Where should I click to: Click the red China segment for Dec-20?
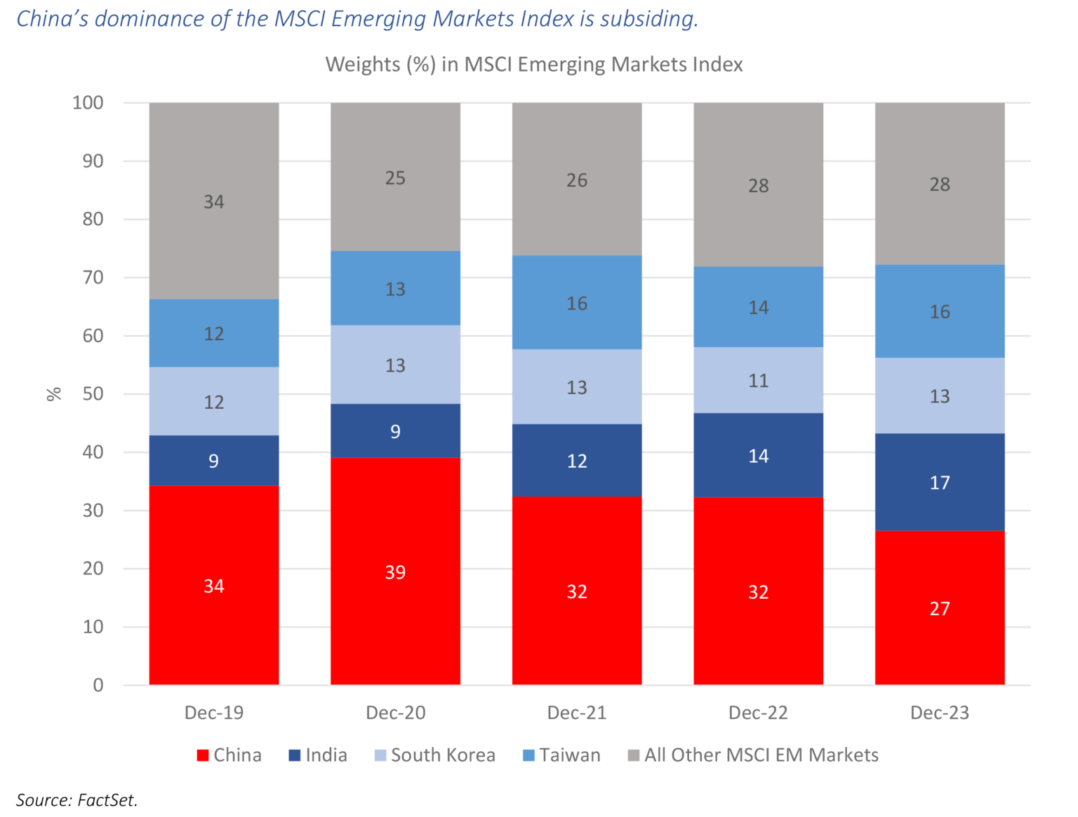pos(395,571)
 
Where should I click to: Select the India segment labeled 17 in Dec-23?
pos(939,482)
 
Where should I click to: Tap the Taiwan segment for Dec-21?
pos(576,302)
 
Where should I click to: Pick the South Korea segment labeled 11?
pos(758,380)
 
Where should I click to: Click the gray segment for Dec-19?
pos(213,201)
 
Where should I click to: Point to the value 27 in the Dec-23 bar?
pos(939,608)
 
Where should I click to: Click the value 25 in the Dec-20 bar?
pos(395,178)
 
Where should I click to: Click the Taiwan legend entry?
pos(561,755)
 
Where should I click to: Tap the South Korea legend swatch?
pos(380,756)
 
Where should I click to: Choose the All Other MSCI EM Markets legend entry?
pos(753,755)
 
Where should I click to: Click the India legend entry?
pos(318,755)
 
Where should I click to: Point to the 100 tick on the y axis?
pos(88,103)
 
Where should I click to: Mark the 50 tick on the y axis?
pos(93,394)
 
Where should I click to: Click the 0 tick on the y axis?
pos(98,685)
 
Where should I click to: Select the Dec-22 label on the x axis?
pos(758,713)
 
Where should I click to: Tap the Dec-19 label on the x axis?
pos(213,713)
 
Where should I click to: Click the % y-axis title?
pos(54,394)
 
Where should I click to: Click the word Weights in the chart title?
pos(361,65)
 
